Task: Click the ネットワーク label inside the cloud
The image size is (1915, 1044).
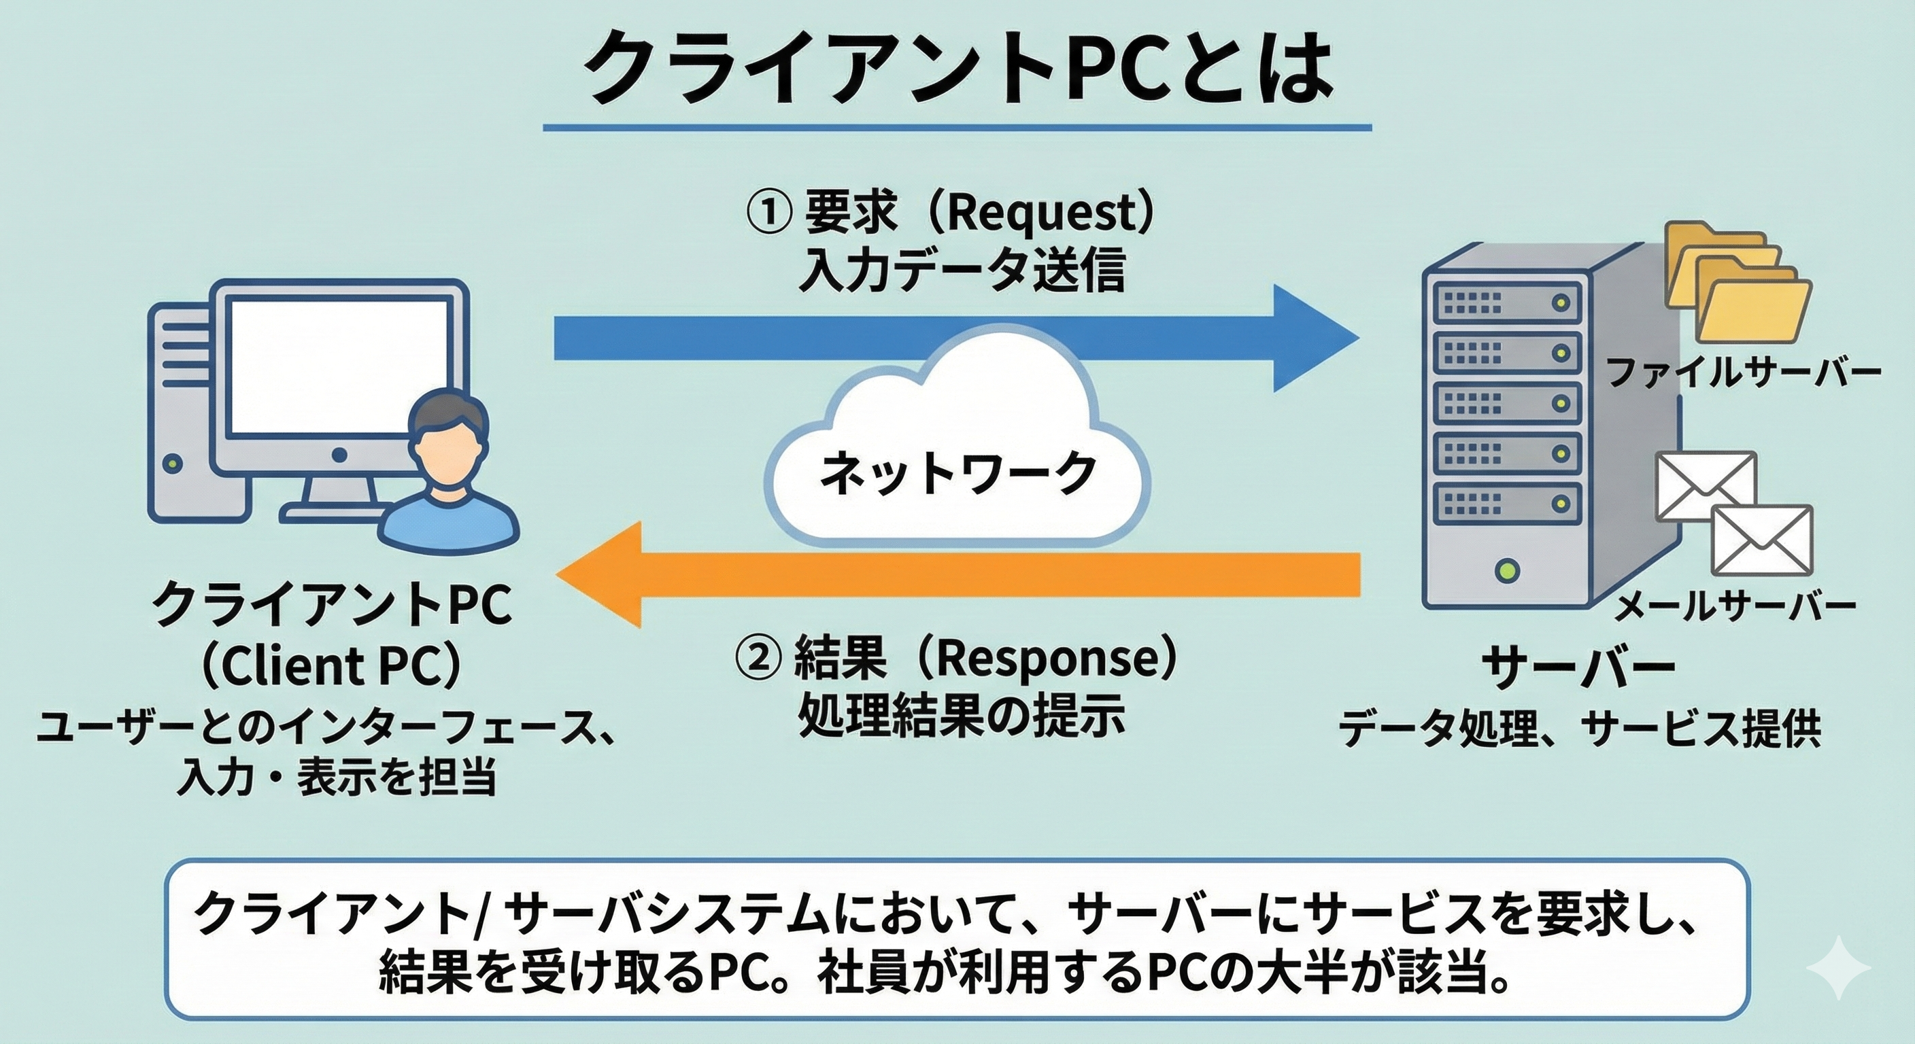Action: (957, 473)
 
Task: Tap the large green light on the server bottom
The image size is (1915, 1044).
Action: (1506, 571)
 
